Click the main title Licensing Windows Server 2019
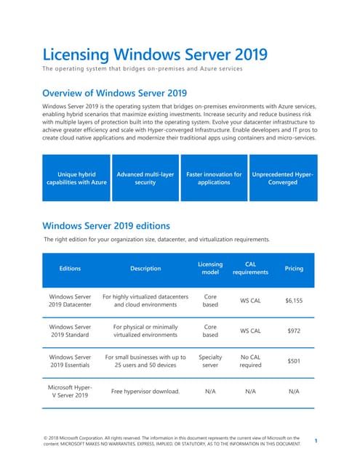tap(155, 54)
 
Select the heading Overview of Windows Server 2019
tap(115, 93)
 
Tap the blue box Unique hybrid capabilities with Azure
tap(76, 178)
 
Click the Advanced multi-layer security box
tap(145, 178)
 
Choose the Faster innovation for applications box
tap(214, 178)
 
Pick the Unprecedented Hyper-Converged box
tap(282, 178)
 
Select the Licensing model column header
tap(209, 268)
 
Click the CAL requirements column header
tap(250, 268)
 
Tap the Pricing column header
tap(294, 268)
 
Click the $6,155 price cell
tap(294, 301)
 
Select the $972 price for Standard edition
tap(294, 331)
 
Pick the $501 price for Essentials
tap(294, 361)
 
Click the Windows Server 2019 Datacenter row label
tap(70, 301)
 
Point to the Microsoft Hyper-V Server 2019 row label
tap(70, 392)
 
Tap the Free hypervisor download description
tap(145, 392)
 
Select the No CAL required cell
tap(250, 361)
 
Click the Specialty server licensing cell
tap(209, 361)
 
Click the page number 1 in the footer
tap(316, 441)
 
